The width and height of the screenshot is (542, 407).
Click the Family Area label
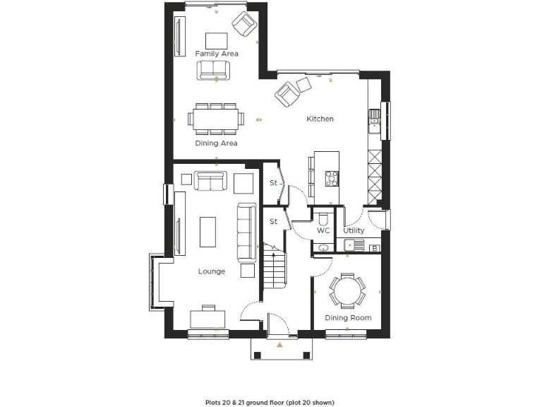click(x=217, y=54)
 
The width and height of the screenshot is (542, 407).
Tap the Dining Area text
click(x=216, y=143)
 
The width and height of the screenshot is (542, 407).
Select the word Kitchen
click(x=320, y=119)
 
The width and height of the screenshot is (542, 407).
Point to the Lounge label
click(x=212, y=271)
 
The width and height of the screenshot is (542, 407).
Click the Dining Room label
click(x=347, y=318)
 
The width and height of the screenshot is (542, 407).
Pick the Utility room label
click(x=354, y=230)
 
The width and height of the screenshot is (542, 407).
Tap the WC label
click(x=323, y=230)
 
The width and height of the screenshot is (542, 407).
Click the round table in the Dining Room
click(x=347, y=288)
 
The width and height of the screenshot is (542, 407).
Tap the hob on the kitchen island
click(x=331, y=178)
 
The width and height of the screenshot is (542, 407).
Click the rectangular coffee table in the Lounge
click(x=208, y=232)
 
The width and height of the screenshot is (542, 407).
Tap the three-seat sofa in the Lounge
click(x=246, y=232)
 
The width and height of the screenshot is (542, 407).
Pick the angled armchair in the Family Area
click(x=244, y=23)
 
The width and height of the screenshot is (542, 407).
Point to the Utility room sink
click(x=352, y=246)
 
